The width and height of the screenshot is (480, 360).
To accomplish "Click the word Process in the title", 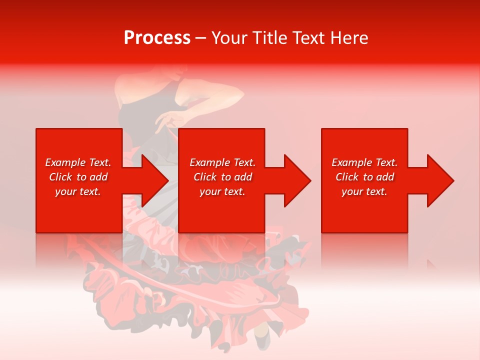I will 157,38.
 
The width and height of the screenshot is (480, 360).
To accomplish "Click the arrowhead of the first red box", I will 155,180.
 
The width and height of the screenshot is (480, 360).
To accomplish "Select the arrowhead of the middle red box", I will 297,180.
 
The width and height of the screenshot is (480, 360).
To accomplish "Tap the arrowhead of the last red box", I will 440,180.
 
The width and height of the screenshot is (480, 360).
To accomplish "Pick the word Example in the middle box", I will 208,162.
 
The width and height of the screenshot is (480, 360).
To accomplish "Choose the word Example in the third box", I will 350,162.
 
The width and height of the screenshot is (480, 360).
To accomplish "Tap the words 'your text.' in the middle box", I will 222,191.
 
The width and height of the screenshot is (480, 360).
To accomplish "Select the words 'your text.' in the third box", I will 364,191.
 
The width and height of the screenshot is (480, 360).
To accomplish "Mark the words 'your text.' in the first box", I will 77,191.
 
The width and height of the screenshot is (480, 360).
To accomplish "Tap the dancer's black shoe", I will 262,340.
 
